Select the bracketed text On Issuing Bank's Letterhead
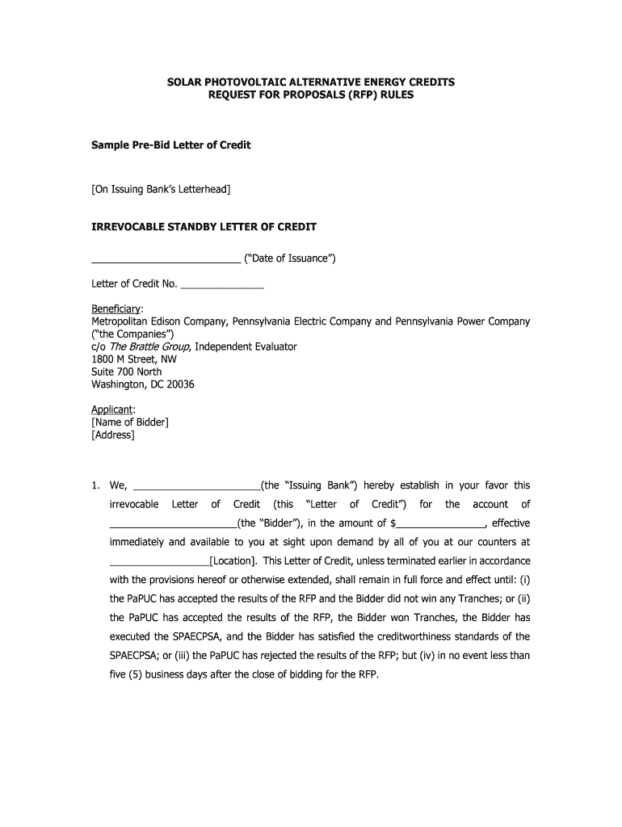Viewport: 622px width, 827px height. coord(161,189)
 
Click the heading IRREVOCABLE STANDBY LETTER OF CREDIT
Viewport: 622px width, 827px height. coord(204,227)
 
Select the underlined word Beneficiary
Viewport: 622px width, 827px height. coord(116,309)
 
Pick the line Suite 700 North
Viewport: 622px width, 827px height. coord(127,372)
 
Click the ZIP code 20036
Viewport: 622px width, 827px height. coord(179,384)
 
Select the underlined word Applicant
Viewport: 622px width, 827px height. coord(112,409)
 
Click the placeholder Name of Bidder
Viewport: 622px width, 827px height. coord(130,422)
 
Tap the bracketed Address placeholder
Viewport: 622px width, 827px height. coord(113,435)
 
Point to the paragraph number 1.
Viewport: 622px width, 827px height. coord(95,486)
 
